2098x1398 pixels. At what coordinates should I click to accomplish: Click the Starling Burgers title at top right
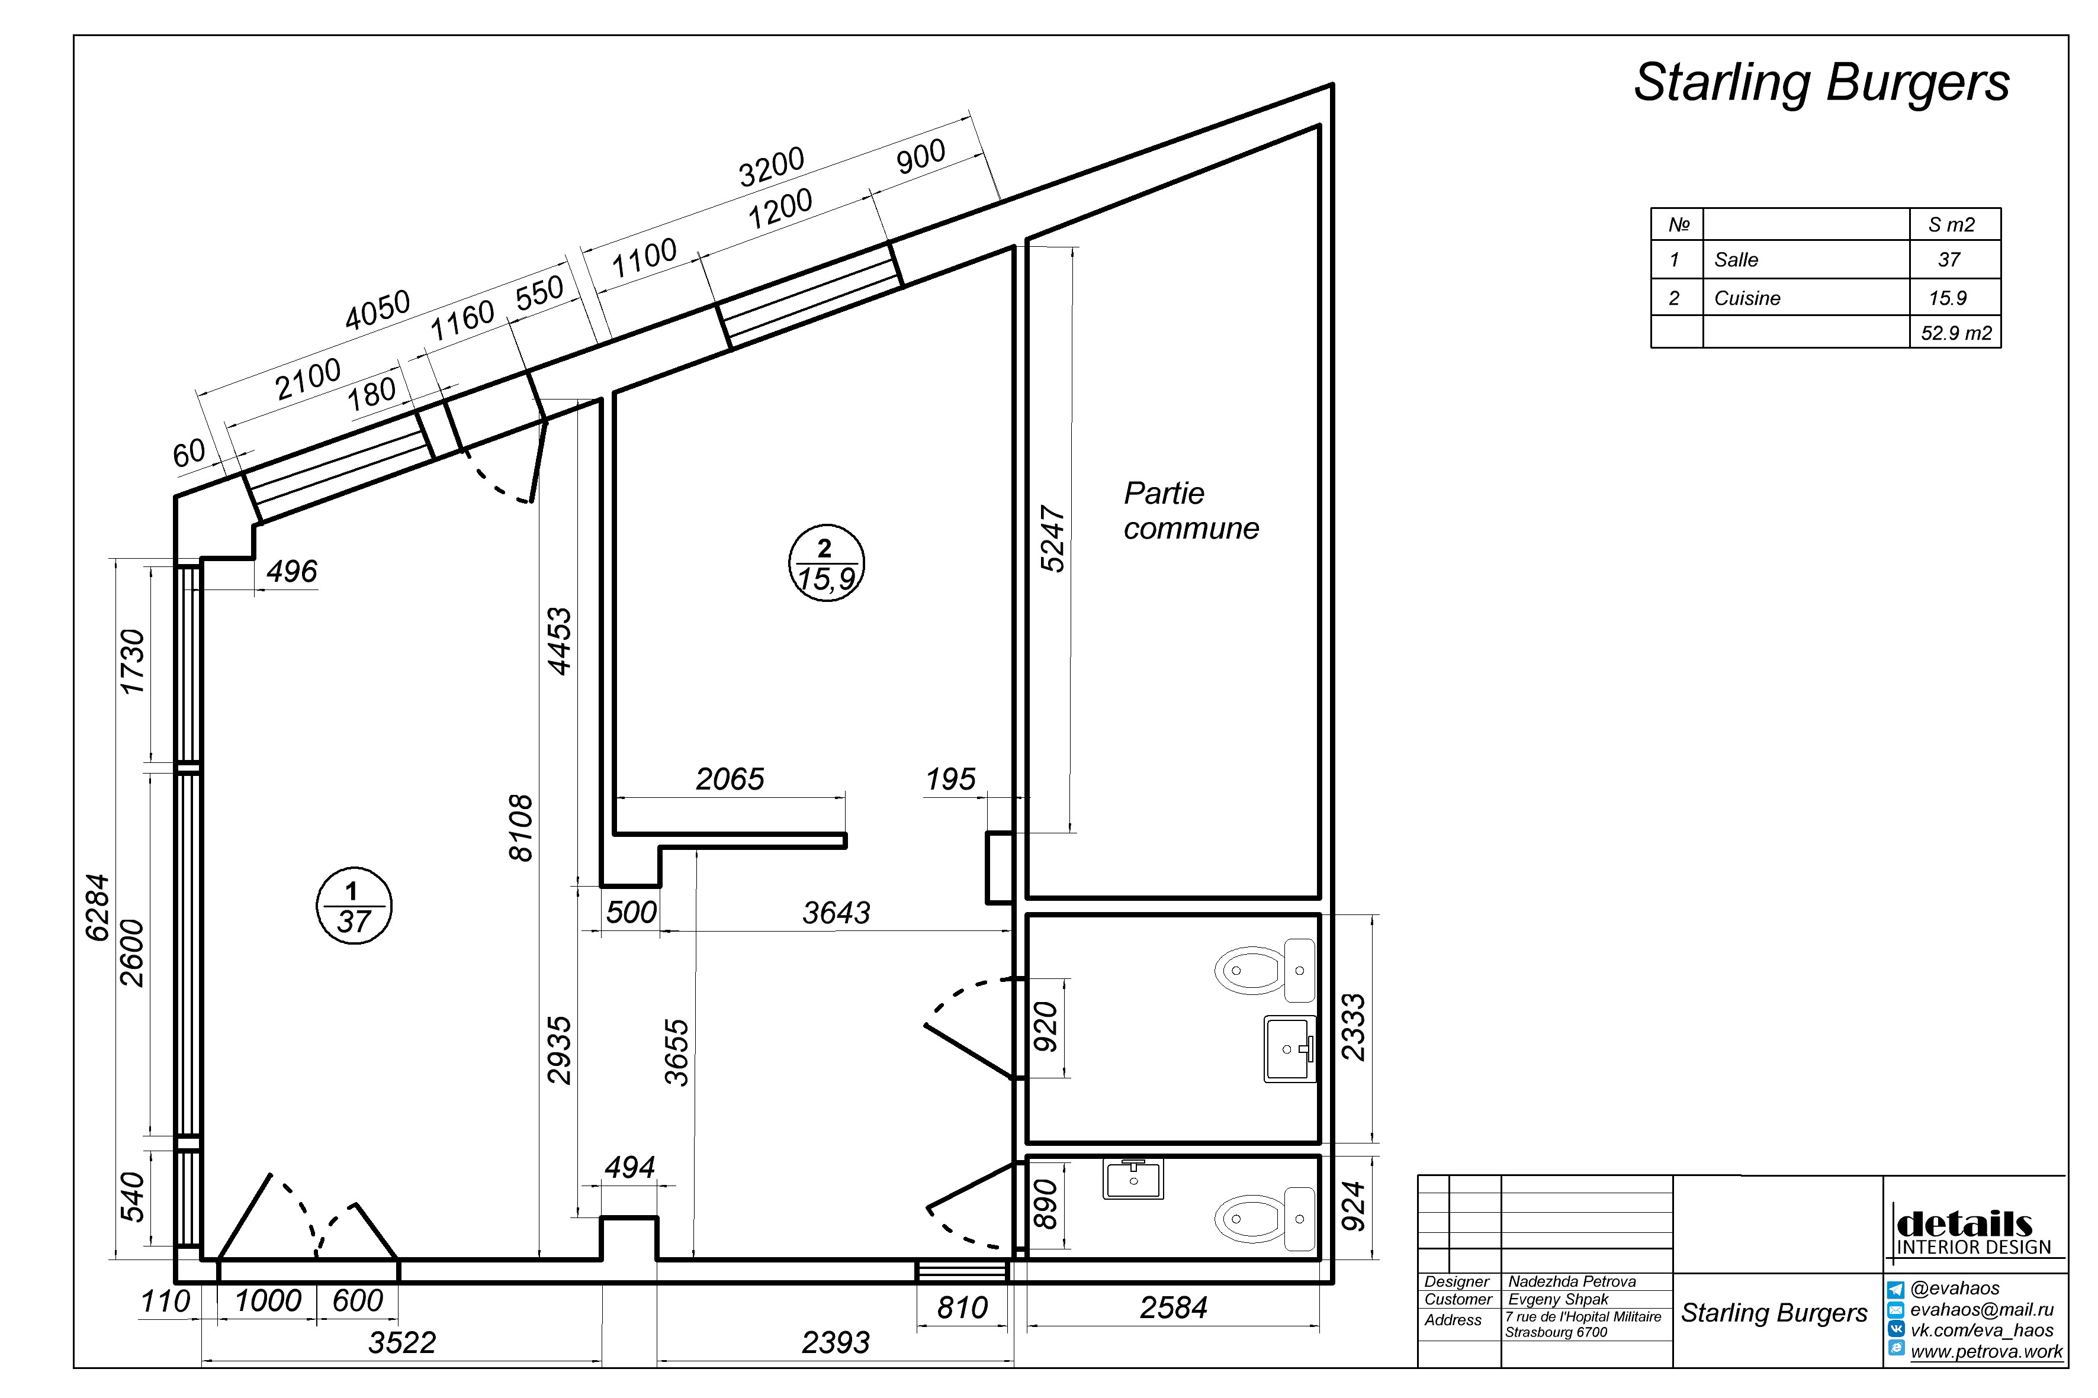(x=1821, y=85)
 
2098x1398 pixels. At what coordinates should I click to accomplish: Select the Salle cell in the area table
(x=1736, y=260)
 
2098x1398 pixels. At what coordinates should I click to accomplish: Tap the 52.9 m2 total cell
(x=1956, y=333)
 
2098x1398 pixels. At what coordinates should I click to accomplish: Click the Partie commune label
(x=1191, y=511)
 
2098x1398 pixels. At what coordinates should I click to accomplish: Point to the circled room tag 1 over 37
(x=354, y=905)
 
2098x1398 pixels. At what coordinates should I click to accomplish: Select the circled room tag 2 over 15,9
(x=827, y=563)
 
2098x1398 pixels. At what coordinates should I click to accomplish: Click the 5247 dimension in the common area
(x=1053, y=539)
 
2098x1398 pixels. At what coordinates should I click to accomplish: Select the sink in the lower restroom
(x=1133, y=1178)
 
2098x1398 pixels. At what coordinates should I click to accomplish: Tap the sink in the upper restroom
(x=1290, y=1049)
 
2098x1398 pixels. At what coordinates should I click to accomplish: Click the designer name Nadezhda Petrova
(x=1572, y=1281)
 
